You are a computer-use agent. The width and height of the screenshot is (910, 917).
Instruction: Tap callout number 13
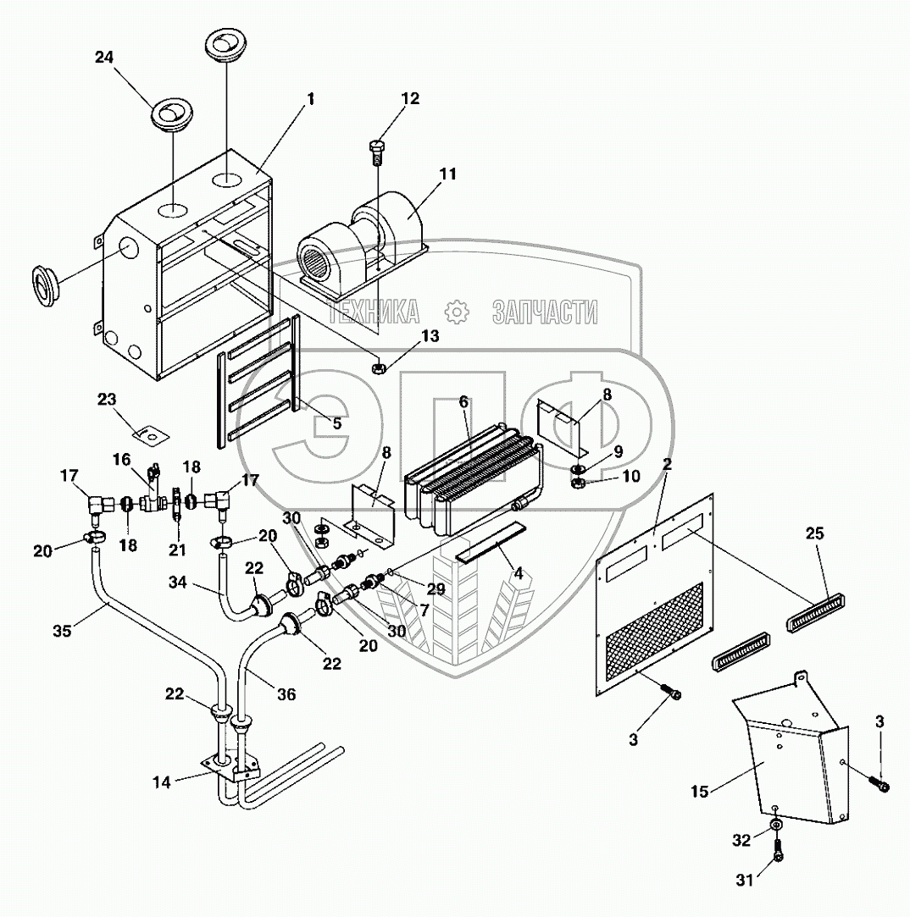click(x=430, y=336)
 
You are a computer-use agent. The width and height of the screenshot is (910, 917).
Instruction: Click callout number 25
click(x=815, y=534)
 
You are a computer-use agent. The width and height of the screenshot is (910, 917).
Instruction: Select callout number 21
click(x=177, y=550)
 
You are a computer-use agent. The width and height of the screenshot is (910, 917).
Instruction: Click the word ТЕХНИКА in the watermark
click(x=375, y=313)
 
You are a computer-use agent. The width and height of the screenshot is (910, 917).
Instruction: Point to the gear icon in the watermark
click(x=457, y=312)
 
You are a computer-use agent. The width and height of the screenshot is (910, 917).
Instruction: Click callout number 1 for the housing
click(x=310, y=99)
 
